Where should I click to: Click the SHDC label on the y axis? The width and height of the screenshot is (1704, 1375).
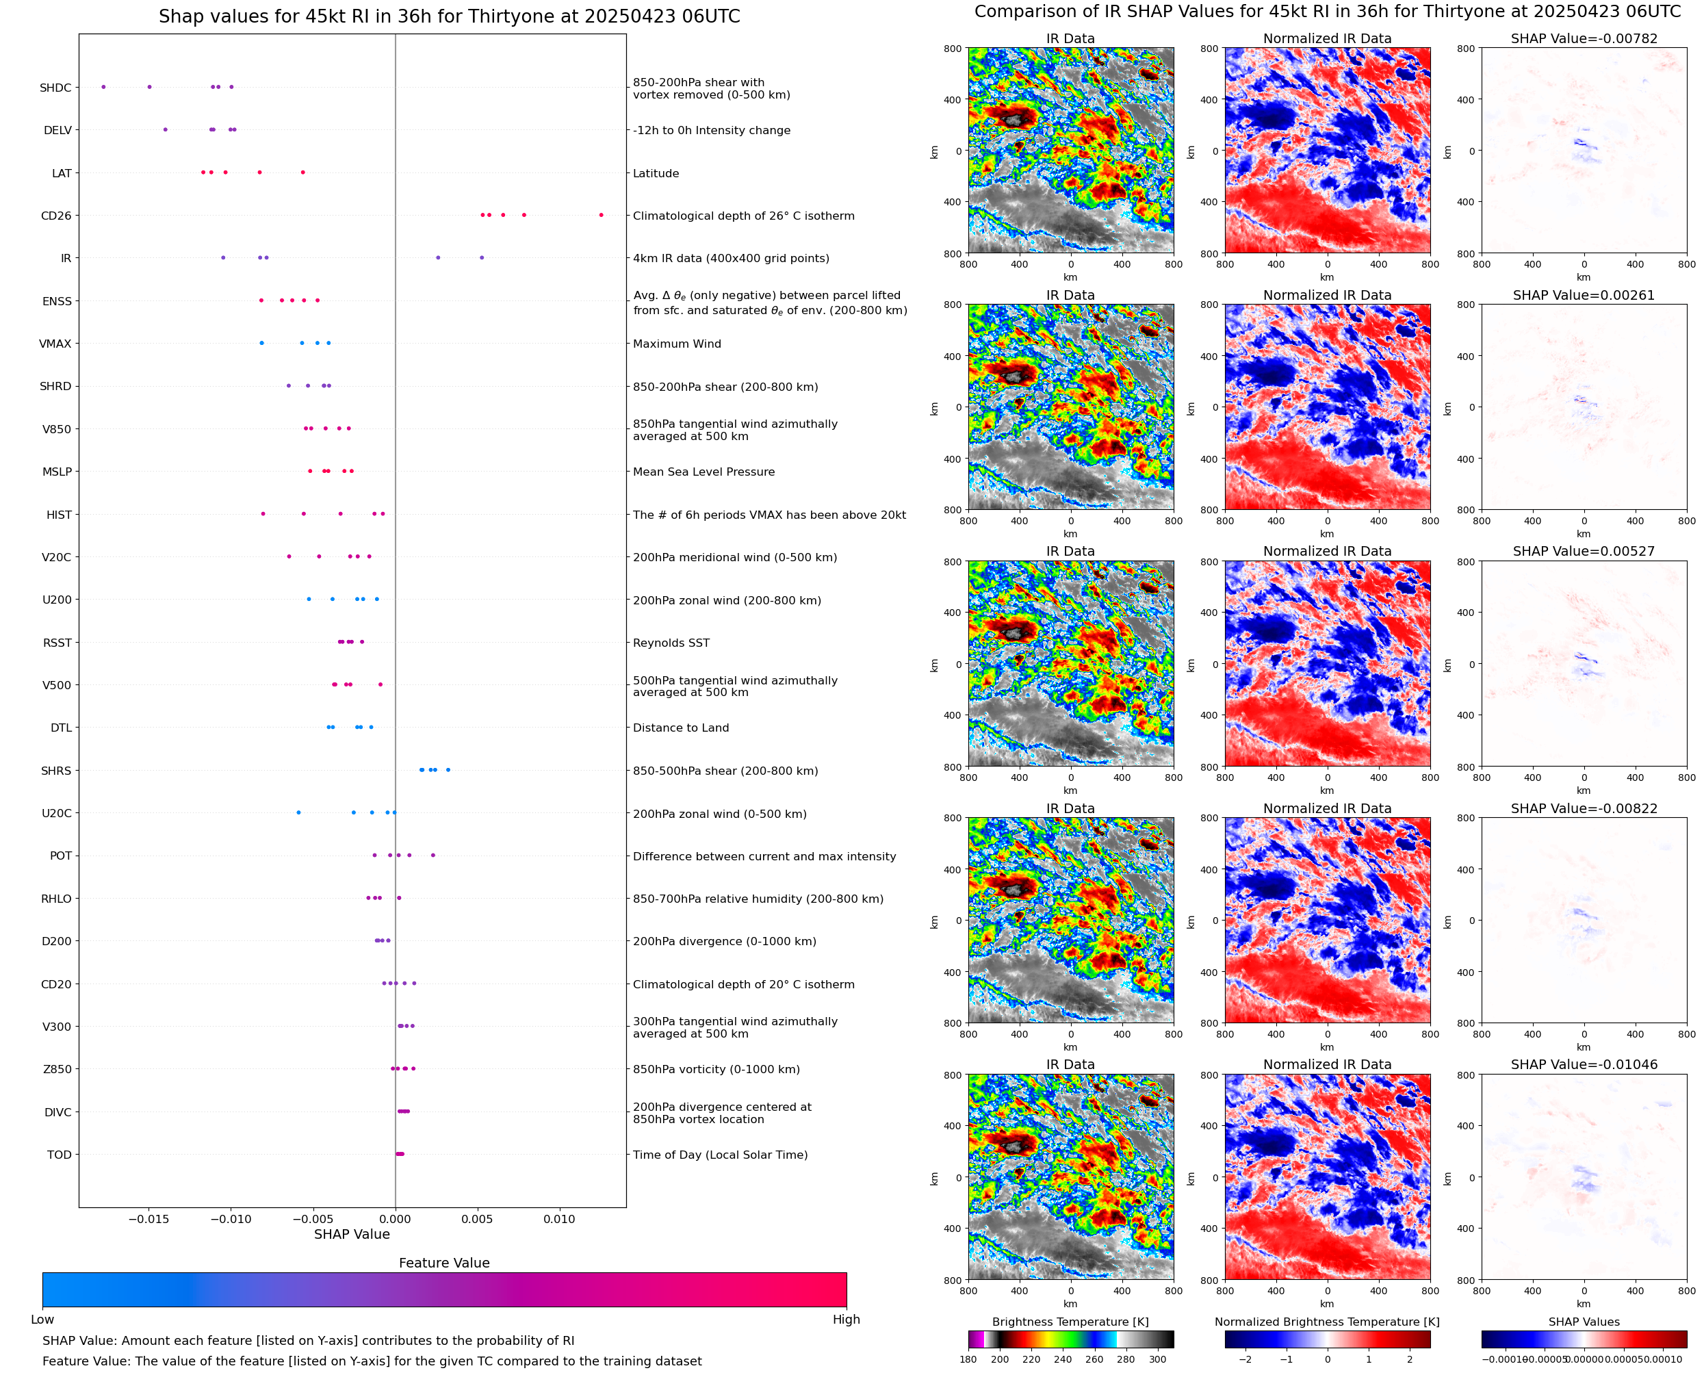click(x=55, y=88)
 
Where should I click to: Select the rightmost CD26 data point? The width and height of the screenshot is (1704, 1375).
click(x=601, y=216)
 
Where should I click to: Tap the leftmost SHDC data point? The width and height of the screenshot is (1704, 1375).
click(x=104, y=87)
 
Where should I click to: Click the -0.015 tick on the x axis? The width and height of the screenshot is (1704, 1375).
click(x=149, y=1219)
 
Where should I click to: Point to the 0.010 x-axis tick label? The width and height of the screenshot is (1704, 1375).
click(x=559, y=1219)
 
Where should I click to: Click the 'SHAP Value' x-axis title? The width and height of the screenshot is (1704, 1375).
click(x=352, y=1234)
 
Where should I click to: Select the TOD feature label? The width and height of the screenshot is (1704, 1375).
click(x=60, y=1155)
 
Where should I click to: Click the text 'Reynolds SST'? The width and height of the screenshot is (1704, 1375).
click(x=671, y=643)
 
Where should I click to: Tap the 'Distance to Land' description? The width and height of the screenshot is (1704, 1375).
click(x=680, y=728)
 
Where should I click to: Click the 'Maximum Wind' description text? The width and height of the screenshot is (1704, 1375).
click(x=676, y=344)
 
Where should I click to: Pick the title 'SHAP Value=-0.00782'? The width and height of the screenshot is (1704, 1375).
click(x=1584, y=39)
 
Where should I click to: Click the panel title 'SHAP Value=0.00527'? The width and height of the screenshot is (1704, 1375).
click(x=1584, y=551)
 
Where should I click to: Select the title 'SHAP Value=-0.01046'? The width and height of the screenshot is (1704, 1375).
click(x=1584, y=1064)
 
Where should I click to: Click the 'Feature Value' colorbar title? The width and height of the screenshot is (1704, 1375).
click(x=444, y=1263)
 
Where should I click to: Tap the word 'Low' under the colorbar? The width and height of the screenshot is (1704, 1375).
click(x=42, y=1320)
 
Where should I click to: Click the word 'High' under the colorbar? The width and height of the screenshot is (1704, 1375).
click(x=846, y=1320)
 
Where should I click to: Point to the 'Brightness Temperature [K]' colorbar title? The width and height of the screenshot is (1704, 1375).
click(x=1070, y=1322)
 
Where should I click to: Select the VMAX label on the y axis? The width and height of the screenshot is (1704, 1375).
click(x=55, y=344)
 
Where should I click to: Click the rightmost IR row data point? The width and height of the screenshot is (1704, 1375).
click(x=481, y=257)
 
